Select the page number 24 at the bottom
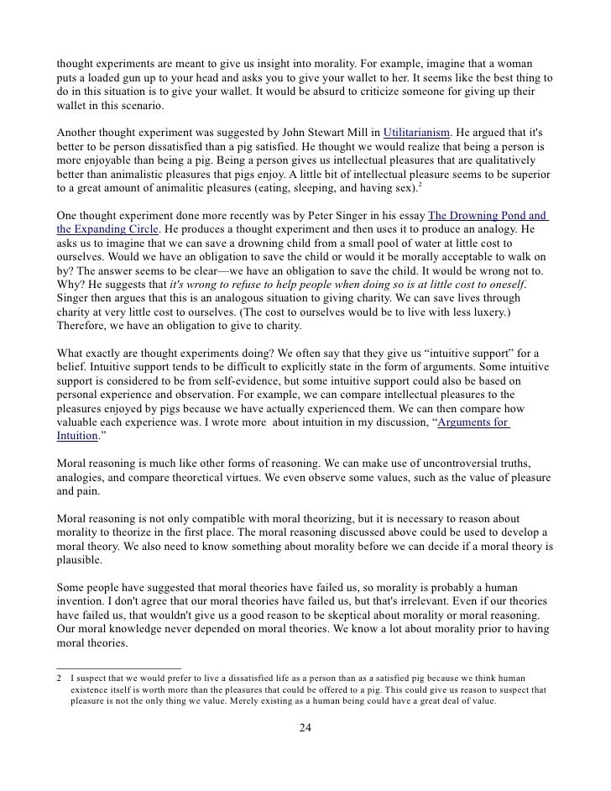point(305,727)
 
